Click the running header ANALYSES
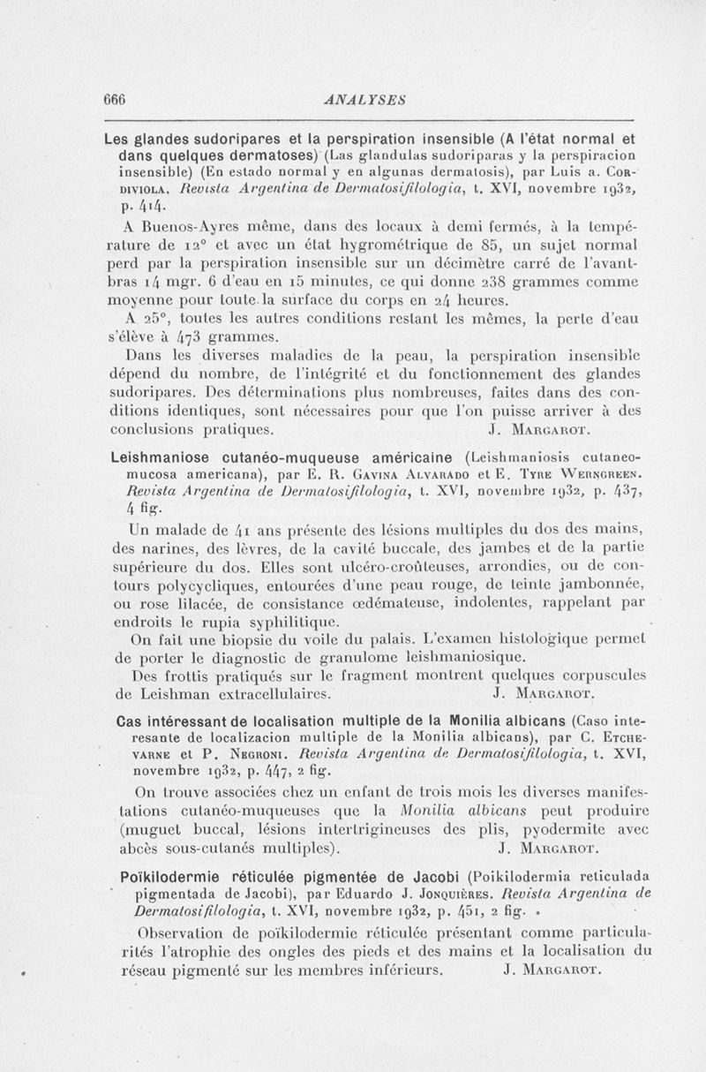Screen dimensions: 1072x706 [x=364, y=98]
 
